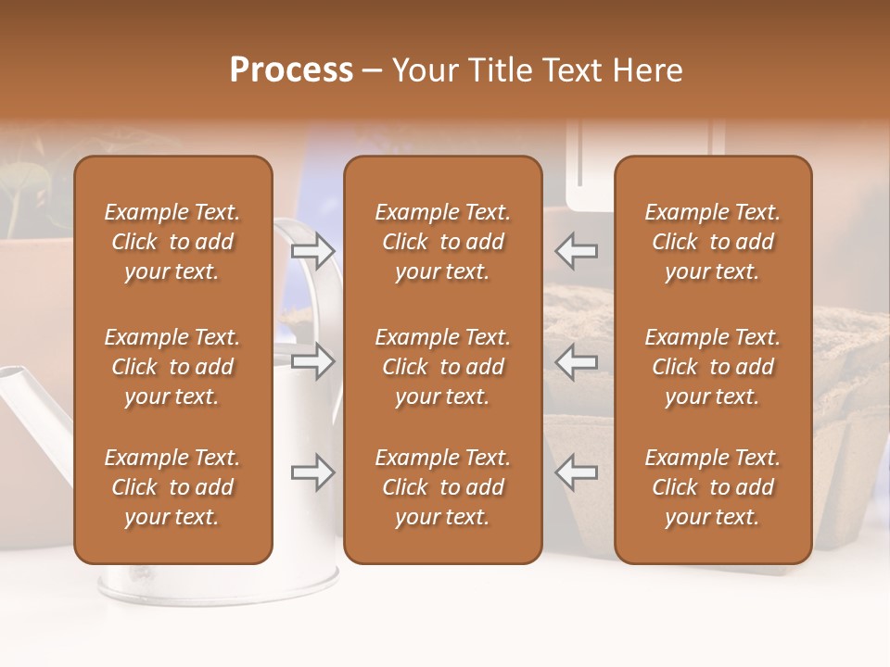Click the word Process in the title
pyautogui.click(x=291, y=70)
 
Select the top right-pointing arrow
pyautogui.click(x=313, y=251)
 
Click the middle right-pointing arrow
pyautogui.click(x=313, y=361)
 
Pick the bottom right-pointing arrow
pyautogui.click(x=313, y=472)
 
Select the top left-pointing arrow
pyautogui.click(x=576, y=251)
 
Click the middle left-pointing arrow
pyautogui.click(x=576, y=361)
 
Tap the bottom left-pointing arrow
pyautogui.click(x=576, y=472)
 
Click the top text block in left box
pyautogui.click(x=172, y=242)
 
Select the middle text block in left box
pyautogui.click(x=172, y=367)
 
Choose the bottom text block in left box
pyautogui.click(x=172, y=487)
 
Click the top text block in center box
pyautogui.click(x=442, y=242)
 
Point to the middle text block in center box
pyautogui.click(x=442, y=367)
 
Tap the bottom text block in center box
pyautogui.click(x=442, y=487)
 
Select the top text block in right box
pyautogui.click(x=712, y=242)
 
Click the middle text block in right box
pyautogui.click(x=712, y=367)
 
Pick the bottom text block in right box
pyautogui.click(x=712, y=487)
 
